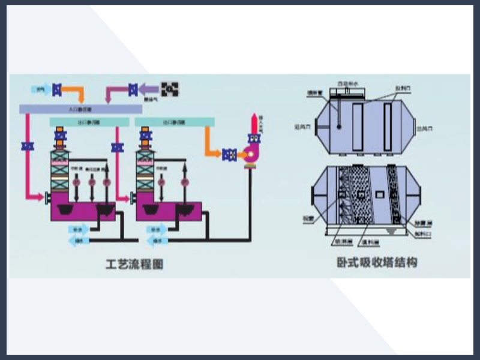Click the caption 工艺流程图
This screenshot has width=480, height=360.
[134, 264]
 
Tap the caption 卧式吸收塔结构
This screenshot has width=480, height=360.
[377, 262]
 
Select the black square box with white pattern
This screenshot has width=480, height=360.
[170, 89]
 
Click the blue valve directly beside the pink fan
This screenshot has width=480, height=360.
[229, 154]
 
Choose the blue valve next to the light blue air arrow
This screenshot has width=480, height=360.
[57, 89]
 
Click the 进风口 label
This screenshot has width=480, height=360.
[301, 127]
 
